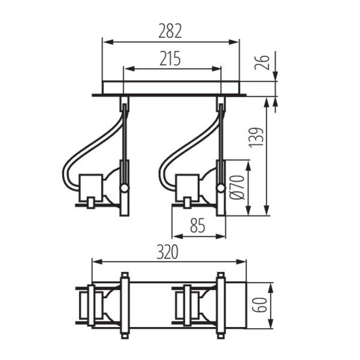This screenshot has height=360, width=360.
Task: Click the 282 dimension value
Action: pos(170,30)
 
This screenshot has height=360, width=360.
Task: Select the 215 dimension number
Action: pos(170,58)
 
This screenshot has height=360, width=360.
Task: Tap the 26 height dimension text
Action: pos(262,60)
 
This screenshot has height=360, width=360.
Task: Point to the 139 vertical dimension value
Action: pos(257,138)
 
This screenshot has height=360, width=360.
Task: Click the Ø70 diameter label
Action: pos(237,187)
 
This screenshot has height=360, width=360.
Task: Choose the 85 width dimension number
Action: pos(198,226)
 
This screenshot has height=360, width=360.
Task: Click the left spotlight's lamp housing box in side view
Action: pos(92,185)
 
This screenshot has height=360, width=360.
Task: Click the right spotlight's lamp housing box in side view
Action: pos(188,185)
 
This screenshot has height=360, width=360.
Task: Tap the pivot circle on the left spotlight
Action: pos(124,188)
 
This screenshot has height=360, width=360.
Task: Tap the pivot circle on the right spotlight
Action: pos(221,188)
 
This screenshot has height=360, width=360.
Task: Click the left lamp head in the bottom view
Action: pos(96,305)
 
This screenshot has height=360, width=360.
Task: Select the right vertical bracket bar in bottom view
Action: pos(221,305)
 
